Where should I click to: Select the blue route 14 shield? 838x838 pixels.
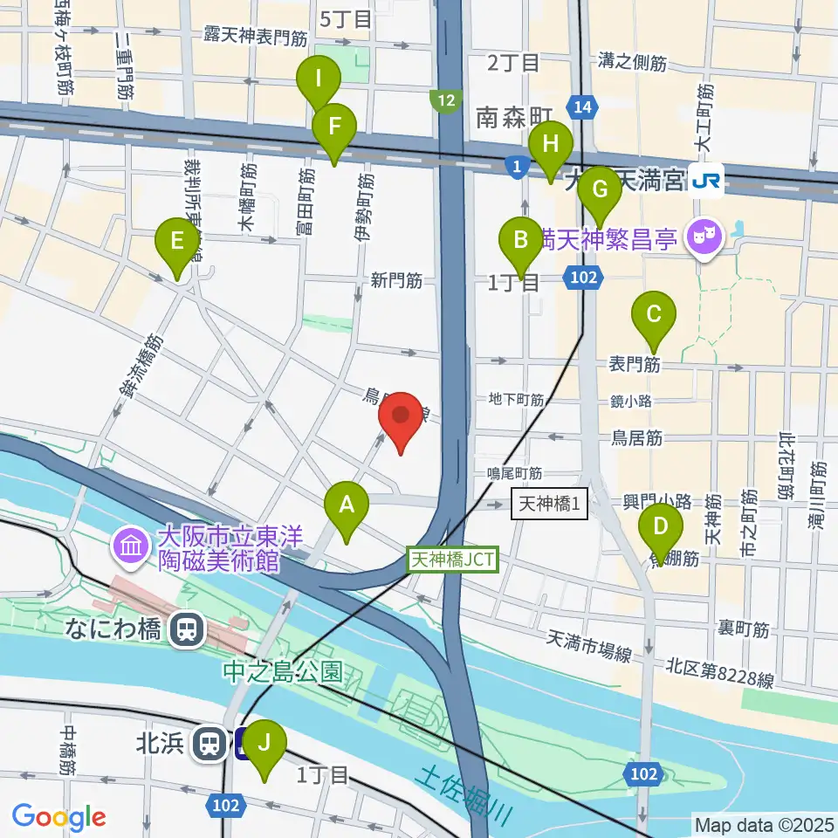coord(581,106)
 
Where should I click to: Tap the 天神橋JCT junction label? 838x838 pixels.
coord(452,559)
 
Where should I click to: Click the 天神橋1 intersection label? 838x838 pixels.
coord(549,505)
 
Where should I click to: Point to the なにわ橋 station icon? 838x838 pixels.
coord(185,628)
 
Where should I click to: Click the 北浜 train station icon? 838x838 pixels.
coord(209,744)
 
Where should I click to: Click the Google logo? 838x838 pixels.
coord(59,817)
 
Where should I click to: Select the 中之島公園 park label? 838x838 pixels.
coord(280,671)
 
